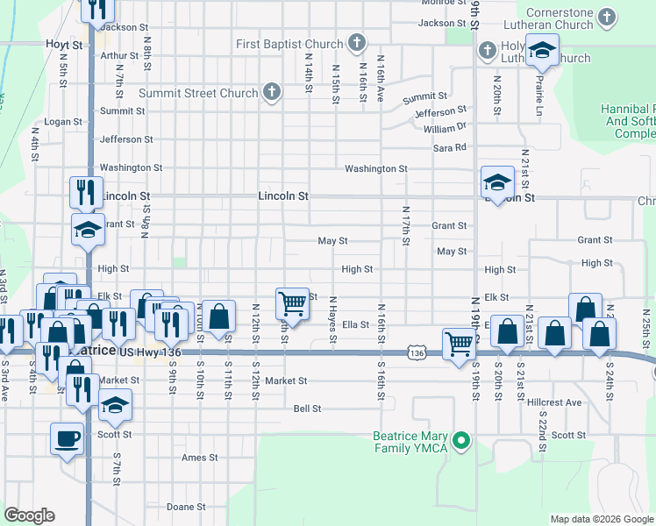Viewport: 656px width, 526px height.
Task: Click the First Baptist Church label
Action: tap(290, 44)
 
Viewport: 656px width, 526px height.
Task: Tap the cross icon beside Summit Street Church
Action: tap(272, 92)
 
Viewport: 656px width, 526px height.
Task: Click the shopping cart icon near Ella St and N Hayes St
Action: tap(292, 304)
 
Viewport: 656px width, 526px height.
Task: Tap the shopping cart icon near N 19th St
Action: tap(459, 343)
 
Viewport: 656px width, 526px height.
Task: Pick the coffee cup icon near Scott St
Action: tap(68, 437)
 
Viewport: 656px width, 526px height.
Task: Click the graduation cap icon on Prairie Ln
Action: tap(543, 50)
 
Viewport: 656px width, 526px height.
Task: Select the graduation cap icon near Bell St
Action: tap(115, 406)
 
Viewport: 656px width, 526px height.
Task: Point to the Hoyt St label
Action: tap(65, 44)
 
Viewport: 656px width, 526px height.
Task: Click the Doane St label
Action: tap(185, 507)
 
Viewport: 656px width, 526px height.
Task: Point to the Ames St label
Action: tap(199, 458)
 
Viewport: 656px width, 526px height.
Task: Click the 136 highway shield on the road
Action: tap(416, 353)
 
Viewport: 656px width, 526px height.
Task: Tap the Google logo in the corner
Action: tap(30, 515)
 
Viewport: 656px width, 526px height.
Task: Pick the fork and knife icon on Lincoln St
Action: tap(86, 192)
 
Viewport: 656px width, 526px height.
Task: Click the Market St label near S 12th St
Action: tap(287, 381)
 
